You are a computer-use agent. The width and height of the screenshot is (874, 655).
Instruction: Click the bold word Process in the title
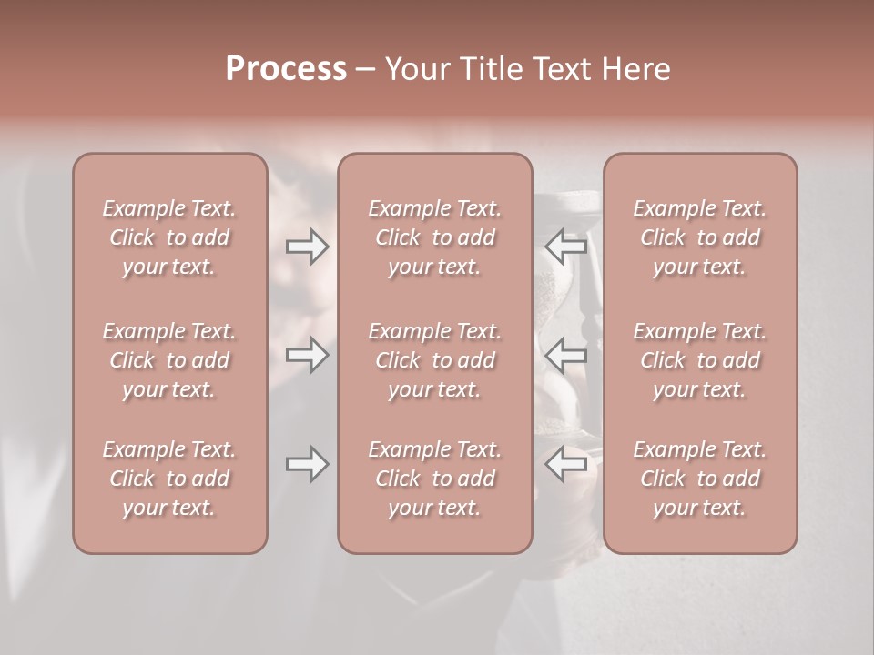pyautogui.click(x=286, y=69)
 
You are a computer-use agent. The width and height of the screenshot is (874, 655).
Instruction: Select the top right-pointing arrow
pyautogui.click(x=308, y=246)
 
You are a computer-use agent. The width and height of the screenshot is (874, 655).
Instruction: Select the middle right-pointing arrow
pyautogui.click(x=308, y=355)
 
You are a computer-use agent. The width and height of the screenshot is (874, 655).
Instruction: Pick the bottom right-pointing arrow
pyautogui.click(x=308, y=464)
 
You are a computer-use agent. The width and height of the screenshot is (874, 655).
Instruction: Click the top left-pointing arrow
pyautogui.click(x=566, y=246)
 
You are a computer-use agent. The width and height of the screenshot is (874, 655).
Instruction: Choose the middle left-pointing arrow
pyautogui.click(x=566, y=355)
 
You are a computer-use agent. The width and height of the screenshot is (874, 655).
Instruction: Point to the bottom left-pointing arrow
pyautogui.click(x=566, y=464)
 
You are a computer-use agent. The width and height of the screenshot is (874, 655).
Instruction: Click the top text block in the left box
pyautogui.click(x=169, y=237)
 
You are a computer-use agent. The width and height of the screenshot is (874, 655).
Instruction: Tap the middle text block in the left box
pyautogui.click(x=169, y=360)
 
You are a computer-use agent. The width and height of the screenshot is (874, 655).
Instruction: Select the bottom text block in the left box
pyautogui.click(x=169, y=479)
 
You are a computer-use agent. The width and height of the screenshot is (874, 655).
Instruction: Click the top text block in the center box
pyautogui.click(x=435, y=237)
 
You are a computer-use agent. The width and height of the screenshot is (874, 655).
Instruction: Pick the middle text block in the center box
pyautogui.click(x=435, y=360)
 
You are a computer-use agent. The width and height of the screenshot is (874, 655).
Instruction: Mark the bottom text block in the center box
pyautogui.click(x=435, y=479)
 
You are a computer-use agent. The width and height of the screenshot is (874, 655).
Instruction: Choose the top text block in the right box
pyautogui.click(x=700, y=237)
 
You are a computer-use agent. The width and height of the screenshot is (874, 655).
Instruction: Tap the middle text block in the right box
pyautogui.click(x=700, y=360)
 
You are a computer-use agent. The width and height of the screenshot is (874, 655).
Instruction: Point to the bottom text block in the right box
pyautogui.click(x=700, y=479)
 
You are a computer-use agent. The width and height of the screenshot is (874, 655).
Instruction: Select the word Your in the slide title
pyautogui.click(x=417, y=69)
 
